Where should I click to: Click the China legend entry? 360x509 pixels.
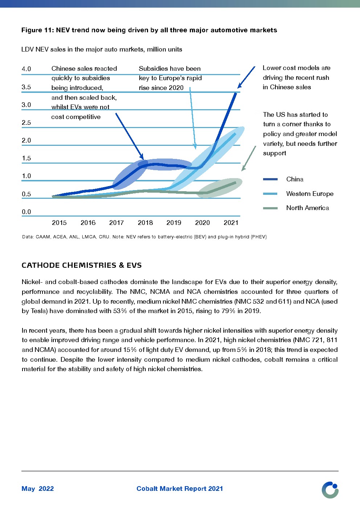(x=294, y=179)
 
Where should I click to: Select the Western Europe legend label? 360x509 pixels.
(x=310, y=194)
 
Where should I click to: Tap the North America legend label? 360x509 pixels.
(x=307, y=208)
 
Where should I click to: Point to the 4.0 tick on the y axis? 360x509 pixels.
(x=26, y=69)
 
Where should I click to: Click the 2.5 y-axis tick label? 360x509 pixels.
(x=26, y=123)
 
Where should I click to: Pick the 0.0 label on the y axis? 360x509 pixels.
(x=26, y=212)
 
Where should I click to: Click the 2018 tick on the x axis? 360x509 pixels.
(x=145, y=223)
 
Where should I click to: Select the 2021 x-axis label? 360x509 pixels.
(x=231, y=223)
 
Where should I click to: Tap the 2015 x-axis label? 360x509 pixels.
(x=59, y=223)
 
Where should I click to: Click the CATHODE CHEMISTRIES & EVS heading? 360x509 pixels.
(x=82, y=265)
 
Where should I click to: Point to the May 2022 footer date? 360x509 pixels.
(x=38, y=489)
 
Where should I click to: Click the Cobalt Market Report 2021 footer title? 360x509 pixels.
(x=180, y=489)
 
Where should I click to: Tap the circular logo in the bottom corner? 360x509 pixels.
(x=330, y=490)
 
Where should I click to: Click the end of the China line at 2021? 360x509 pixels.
(x=236, y=93)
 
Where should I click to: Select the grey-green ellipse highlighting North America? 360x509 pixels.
(x=220, y=188)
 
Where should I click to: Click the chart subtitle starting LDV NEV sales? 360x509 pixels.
(x=102, y=49)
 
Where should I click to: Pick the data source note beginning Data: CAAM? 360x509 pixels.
(x=144, y=237)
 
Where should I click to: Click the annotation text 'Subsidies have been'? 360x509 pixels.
(x=169, y=69)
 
